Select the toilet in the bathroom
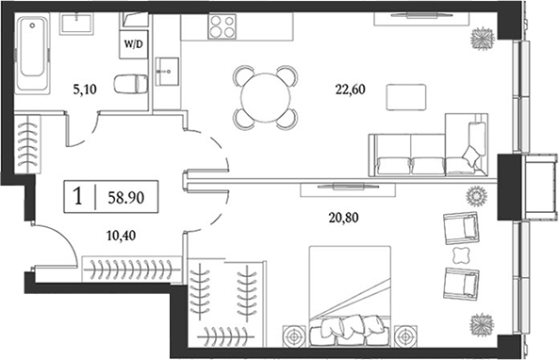[x=128, y=84]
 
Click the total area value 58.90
[x=125, y=198]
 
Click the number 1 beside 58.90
[x=80, y=198]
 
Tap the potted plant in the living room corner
[x=484, y=36]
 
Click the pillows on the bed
[x=343, y=328]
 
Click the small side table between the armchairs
[x=461, y=255]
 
